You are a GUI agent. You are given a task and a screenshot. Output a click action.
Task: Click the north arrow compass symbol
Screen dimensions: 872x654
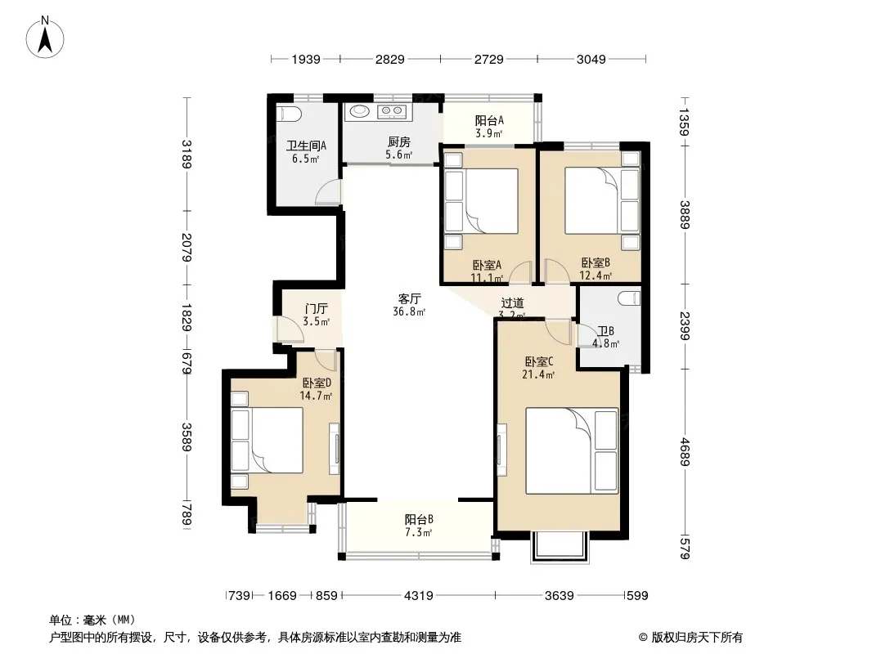(45, 38)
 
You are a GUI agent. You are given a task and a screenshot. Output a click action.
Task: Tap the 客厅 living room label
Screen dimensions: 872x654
(409, 298)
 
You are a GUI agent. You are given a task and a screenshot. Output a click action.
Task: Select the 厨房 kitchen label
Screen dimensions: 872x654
(398, 142)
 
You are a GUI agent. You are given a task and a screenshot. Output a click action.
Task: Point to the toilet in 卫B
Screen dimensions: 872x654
(629, 298)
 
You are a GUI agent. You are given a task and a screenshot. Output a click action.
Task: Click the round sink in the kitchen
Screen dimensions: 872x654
(359, 112)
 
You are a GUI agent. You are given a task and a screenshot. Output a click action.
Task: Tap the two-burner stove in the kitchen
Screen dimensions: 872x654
(392, 112)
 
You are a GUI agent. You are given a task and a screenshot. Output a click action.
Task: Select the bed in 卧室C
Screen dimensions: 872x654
(572, 450)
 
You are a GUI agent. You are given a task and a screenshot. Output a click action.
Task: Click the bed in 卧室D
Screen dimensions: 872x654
(267, 440)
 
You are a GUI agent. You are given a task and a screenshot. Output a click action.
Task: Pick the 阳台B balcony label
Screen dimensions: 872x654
(418, 520)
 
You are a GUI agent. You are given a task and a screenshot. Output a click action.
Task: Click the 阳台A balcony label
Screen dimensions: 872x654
(489, 120)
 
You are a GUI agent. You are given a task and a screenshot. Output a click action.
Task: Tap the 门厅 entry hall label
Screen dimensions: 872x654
(316, 309)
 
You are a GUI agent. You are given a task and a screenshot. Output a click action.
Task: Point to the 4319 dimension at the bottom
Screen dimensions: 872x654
(418, 596)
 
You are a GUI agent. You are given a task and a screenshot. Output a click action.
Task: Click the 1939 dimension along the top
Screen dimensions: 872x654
(306, 59)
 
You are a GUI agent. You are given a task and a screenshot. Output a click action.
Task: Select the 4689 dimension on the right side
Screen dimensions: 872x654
(685, 452)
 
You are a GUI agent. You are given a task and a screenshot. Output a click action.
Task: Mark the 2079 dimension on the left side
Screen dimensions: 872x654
(187, 247)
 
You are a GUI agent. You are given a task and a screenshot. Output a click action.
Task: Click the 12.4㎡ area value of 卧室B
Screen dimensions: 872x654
(596, 275)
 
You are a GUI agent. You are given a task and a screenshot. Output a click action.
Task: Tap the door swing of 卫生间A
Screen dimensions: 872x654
(327, 193)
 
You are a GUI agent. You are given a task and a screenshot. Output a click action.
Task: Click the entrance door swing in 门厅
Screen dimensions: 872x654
(290, 329)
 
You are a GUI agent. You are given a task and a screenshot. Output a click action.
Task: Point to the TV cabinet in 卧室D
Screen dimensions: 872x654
(335, 449)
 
